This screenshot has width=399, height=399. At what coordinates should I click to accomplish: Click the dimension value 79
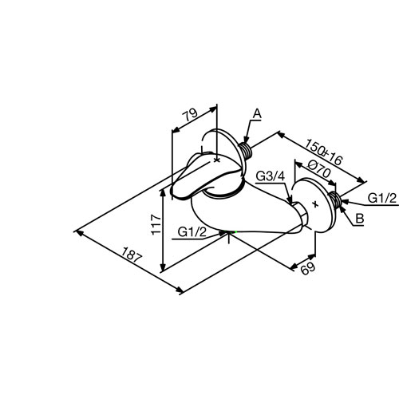(190, 115)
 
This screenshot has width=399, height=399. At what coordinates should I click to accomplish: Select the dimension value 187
(132, 255)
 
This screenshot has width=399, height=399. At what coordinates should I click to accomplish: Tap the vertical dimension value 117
(156, 225)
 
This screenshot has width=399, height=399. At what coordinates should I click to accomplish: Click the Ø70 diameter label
(319, 169)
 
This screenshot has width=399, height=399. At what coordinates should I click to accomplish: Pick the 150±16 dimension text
(323, 152)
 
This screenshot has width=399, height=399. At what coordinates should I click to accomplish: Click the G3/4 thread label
(271, 176)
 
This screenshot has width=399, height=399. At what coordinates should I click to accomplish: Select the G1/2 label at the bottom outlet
(192, 232)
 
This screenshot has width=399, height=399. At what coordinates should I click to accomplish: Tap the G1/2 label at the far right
(382, 198)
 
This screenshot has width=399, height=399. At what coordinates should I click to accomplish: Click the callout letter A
(257, 114)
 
